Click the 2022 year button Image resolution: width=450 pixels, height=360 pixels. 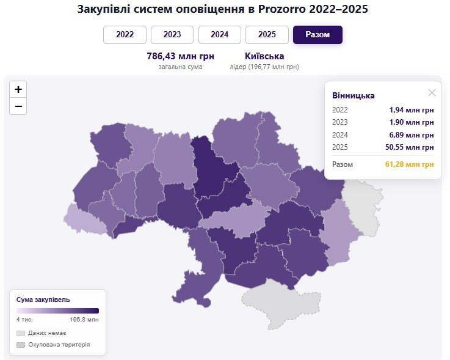125,35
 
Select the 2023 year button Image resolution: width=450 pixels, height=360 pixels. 172,35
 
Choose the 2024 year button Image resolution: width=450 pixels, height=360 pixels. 219,35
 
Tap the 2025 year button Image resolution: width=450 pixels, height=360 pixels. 267,35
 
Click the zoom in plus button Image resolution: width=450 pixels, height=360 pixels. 18,89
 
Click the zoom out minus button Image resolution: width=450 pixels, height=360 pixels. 18,106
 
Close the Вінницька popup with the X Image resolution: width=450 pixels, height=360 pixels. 432,93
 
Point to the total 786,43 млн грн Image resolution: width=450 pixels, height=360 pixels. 180,56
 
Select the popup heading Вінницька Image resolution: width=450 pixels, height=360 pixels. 354,96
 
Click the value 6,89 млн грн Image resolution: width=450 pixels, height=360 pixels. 412,134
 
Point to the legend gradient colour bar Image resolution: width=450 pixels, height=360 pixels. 57,310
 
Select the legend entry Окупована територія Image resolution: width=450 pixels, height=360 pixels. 59,345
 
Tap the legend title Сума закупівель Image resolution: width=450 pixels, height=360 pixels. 43,299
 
